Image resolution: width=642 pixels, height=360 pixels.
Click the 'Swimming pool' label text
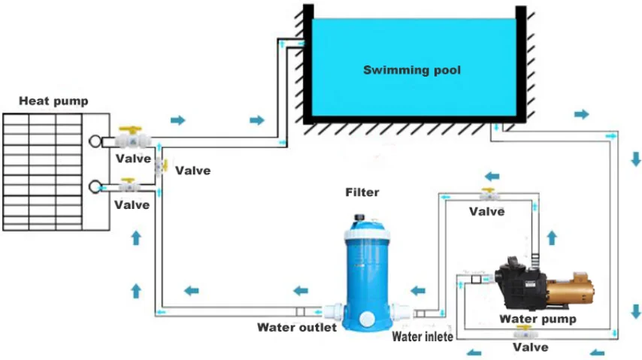click(x=412, y=71)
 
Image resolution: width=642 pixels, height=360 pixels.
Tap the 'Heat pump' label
click(x=53, y=101)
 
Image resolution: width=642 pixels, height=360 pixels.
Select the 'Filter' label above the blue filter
click(x=362, y=192)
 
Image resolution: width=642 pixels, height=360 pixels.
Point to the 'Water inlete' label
click(x=422, y=337)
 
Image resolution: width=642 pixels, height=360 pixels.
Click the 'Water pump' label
click(x=538, y=319)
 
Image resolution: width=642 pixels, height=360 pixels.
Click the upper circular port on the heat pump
click(x=95, y=141)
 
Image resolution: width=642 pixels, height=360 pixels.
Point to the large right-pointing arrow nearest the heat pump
click(x=178, y=119)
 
